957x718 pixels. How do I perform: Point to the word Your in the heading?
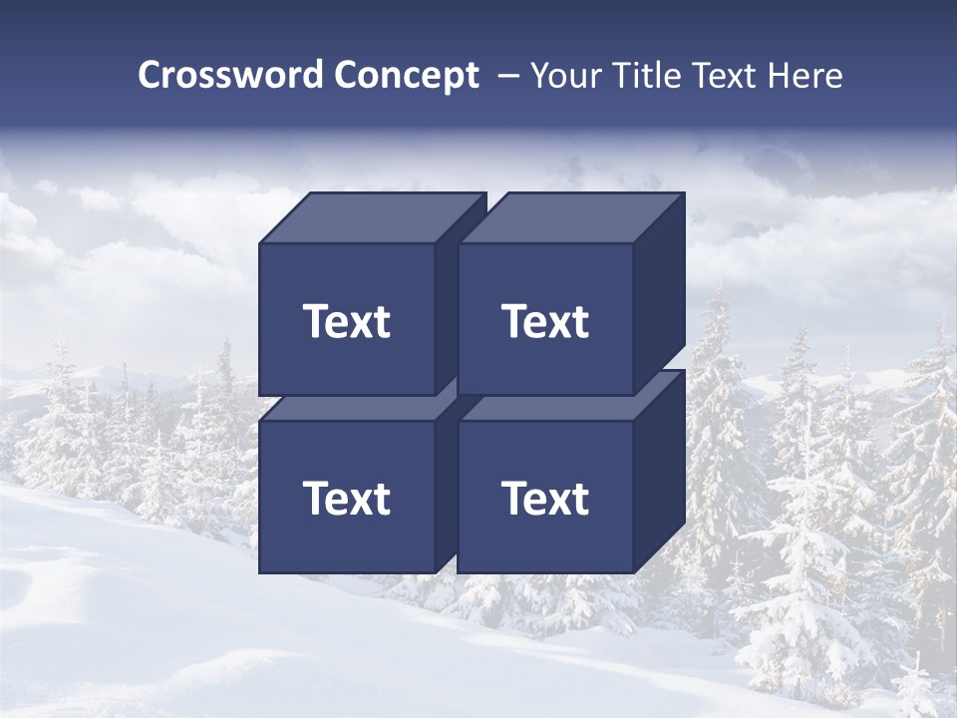[566, 75]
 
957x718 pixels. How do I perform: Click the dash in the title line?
[507, 75]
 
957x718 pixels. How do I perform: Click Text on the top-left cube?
[346, 322]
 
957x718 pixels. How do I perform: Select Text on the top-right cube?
[545, 322]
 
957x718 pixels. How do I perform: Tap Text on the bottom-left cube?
[346, 499]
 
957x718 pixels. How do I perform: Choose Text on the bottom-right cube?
[545, 499]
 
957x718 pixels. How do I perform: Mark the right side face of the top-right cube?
[659, 289]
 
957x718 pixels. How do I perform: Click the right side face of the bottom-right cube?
[659, 469]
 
